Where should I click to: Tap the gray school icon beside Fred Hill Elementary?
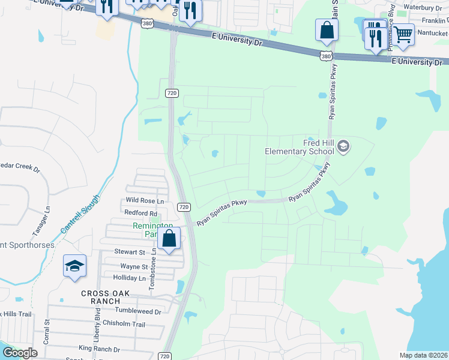(343, 146)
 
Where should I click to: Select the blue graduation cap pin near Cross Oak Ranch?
(74, 267)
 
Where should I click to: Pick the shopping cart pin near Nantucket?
(403, 35)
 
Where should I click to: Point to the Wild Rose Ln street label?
(145, 200)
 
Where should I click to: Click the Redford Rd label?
(140, 213)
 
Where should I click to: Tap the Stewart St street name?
(130, 253)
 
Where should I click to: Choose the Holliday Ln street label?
(130, 278)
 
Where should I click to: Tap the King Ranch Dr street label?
(99, 349)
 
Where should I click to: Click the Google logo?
(20, 352)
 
